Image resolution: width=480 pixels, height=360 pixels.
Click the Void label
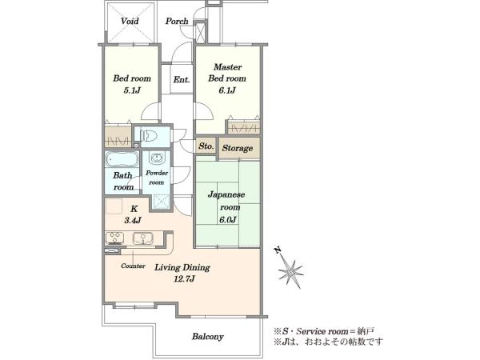pyautogui.click(x=130, y=21)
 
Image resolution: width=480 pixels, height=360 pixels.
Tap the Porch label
pyautogui.click(x=177, y=21)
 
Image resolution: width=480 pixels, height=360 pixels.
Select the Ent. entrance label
pyautogui.click(x=182, y=79)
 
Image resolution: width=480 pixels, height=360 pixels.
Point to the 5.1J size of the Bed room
pyautogui.click(x=132, y=90)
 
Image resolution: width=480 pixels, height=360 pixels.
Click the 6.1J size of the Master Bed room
pyautogui.click(x=227, y=90)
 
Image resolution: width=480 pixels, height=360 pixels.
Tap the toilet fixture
pyautogui.click(x=149, y=135)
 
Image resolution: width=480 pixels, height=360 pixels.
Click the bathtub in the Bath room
pyautogui.click(x=122, y=159)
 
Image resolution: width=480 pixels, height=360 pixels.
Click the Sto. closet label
pyautogui.click(x=206, y=146)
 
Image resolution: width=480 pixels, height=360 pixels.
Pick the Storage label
pyautogui.click(x=238, y=148)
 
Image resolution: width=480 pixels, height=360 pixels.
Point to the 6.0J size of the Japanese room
pyautogui.click(x=227, y=219)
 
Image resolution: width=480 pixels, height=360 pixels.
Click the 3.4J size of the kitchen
pyautogui.click(x=133, y=220)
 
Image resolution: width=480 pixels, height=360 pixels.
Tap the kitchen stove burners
pyautogui.click(x=114, y=238)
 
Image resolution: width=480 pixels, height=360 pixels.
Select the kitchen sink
pyautogui.click(x=143, y=238)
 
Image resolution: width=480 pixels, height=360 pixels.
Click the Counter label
pyautogui.click(x=133, y=266)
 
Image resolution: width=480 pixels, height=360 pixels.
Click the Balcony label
pyautogui.click(x=208, y=337)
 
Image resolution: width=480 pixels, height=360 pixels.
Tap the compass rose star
pyautogui.click(x=290, y=271)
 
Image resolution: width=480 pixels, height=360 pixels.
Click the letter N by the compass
pyautogui.click(x=278, y=250)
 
